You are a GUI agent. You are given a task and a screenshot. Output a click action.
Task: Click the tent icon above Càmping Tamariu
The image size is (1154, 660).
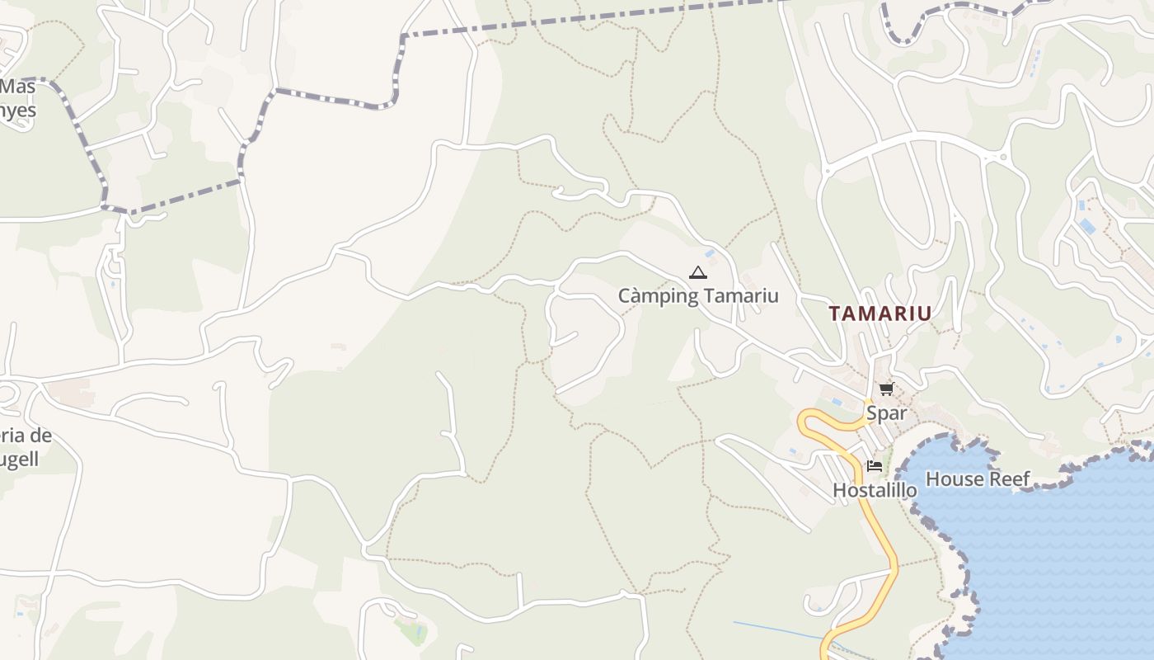tap(698, 272)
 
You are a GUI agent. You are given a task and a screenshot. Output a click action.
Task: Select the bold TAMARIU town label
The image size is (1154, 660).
tap(880, 313)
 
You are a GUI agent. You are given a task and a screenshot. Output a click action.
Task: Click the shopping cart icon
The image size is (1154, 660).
tap(886, 389)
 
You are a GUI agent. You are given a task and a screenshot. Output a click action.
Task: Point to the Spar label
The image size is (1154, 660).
tap(886, 412)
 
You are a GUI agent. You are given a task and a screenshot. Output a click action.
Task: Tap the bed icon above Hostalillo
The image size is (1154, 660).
tap(875, 466)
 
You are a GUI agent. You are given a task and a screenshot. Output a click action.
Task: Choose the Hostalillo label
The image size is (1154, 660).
tap(875, 490)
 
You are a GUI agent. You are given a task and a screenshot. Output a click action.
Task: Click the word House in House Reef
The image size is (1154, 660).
tap(953, 478)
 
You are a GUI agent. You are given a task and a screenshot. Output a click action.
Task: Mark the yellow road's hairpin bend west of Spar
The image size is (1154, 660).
tap(804, 421)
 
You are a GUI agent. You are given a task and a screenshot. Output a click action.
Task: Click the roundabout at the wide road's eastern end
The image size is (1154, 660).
tap(1003, 156)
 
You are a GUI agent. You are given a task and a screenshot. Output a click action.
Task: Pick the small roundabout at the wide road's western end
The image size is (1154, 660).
tap(827, 172)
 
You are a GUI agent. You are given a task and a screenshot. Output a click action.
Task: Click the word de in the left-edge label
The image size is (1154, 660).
tap(41, 436)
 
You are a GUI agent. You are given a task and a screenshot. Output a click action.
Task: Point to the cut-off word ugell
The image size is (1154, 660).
tap(18, 460)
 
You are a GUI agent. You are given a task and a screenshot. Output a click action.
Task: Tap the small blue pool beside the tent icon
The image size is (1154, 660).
tap(709, 254)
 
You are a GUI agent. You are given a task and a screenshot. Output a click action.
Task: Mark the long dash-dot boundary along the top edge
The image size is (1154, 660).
tap(593, 19)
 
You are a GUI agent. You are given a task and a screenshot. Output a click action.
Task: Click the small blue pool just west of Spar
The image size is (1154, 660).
tap(837, 402)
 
